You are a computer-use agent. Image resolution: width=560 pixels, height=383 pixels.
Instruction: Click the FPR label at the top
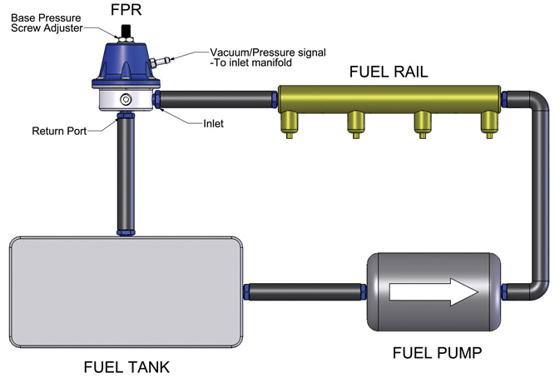(x=126, y=10)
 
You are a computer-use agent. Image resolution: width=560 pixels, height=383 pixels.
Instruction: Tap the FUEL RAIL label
(x=389, y=72)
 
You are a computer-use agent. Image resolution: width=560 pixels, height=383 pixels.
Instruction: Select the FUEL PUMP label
(x=437, y=353)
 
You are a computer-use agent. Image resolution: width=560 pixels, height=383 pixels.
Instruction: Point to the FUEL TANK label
(x=126, y=367)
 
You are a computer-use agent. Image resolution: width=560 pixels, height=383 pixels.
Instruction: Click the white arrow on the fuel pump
(x=434, y=292)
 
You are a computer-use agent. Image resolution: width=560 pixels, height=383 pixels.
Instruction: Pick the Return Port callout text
(x=59, y=131)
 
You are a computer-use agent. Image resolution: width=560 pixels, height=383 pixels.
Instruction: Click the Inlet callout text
(x=213, y=123)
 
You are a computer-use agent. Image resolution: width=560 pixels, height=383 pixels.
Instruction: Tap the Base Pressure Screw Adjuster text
(x=47, y=22)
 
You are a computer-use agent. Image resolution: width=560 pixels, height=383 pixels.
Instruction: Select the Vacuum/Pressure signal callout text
(x=267, y=57)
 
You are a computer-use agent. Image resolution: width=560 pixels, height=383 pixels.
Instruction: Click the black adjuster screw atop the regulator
(x=126, y=30)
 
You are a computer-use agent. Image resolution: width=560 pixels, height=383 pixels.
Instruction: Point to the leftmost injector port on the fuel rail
(x=290, y=125)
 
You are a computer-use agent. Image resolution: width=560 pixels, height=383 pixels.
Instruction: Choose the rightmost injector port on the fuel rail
(x=489, y=125)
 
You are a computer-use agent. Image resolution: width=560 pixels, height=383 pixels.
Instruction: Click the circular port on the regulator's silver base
(x=126, y=99)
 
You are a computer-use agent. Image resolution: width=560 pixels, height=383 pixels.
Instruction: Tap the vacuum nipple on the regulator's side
(x=160, y=62)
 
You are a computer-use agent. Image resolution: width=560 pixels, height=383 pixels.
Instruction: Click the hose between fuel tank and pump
(x=305, y=292)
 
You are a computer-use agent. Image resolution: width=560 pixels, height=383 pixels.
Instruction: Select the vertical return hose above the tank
(x=126, y=174)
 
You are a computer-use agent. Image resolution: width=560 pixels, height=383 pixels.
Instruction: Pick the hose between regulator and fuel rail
(x=216, y=99)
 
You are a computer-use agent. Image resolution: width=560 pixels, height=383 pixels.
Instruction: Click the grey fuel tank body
(x=126, y=292)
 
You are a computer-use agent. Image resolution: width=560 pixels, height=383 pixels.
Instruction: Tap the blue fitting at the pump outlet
(x=504, y=292)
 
